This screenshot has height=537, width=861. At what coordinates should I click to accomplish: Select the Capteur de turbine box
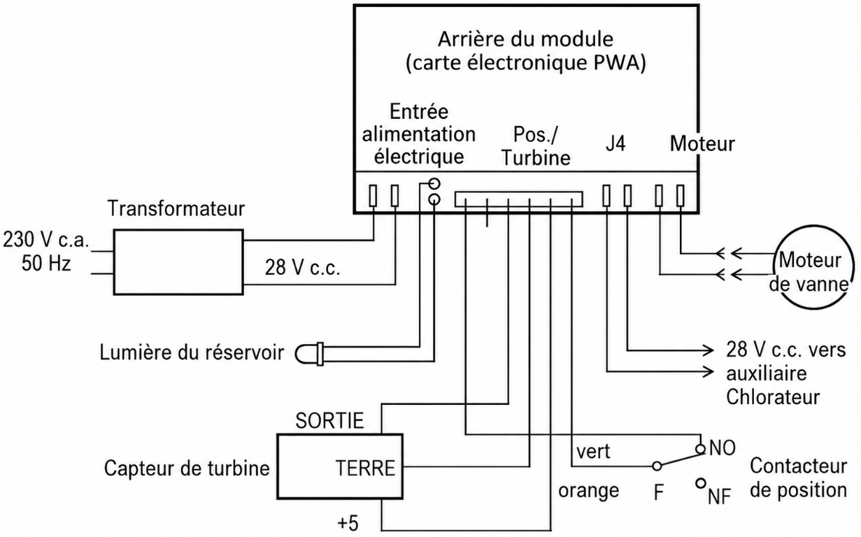[x=278, y=466]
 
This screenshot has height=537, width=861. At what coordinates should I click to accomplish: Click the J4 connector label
[x=615, y=143]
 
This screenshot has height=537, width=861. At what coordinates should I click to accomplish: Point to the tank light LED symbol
[x=309, y=354]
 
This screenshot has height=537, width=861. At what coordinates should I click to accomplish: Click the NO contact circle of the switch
[x=701, y=449]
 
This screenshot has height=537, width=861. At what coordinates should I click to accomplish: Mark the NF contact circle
[x=701, y=482]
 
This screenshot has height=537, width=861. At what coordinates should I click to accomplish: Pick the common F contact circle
[x=657, y=466]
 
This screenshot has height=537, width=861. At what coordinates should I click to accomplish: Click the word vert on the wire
[x=593, y=452]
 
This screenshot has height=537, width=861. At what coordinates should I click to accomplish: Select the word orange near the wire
[x=588, y=491]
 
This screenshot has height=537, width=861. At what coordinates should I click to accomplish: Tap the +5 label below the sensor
[x=348, y=524]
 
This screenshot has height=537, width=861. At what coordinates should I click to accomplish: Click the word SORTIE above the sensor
[x=329, y=420]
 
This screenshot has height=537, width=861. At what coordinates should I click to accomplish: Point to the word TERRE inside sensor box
[x=365, y=468]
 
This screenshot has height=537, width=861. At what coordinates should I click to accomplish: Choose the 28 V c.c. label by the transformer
[x=302, y=268]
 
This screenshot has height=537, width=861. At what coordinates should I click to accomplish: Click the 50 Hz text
[x=46, y=264]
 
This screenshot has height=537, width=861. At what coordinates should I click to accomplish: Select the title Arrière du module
[x=525, y=39]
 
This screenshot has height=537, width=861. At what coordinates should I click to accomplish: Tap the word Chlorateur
[x=773, y=396]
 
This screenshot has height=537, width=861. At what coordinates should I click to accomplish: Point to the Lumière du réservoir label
[x=192, y=352]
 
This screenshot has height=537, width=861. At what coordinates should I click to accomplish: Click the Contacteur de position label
[x=799, y=478]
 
